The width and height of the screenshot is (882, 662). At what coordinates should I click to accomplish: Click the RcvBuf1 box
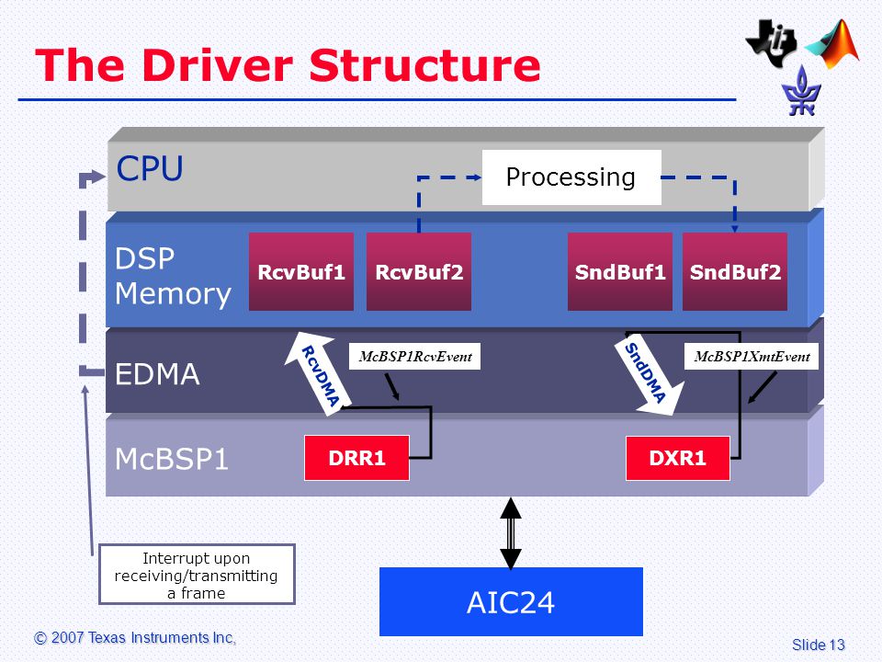[301, 271]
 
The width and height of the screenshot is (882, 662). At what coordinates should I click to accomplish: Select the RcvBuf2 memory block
[419, 271]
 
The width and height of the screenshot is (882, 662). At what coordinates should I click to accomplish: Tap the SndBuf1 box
[620, 271]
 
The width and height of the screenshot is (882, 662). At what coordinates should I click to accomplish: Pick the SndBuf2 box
[735, 271]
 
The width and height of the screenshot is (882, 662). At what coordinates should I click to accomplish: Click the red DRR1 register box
[356, 458]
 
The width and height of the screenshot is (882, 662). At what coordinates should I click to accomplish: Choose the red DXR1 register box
[678, 458]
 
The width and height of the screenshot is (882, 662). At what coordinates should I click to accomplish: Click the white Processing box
[571, 177]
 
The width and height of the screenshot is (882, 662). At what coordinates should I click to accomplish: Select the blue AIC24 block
[511, 601]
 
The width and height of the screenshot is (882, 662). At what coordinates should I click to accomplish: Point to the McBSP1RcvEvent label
[415, 357]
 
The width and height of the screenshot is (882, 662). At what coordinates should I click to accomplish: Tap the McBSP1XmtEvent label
[752, 357]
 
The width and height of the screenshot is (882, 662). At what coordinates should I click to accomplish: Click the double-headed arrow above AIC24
[511, 533]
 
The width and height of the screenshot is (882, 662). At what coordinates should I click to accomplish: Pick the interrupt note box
[197, 574]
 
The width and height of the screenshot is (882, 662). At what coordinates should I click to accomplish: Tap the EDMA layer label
[157, 374]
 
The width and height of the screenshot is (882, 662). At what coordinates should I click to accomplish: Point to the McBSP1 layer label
[172, 459]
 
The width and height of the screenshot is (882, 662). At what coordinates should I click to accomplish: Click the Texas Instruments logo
[771, 43]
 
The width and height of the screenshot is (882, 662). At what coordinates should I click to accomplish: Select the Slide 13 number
[819, 645]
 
